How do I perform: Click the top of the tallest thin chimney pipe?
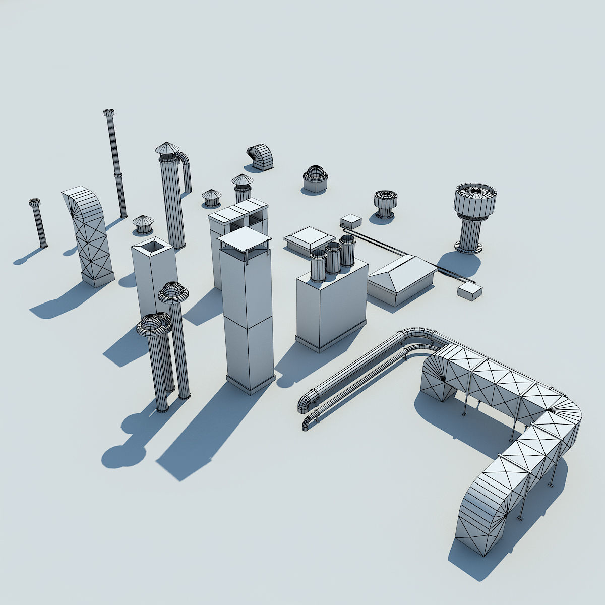coord(109,113)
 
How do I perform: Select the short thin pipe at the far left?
coord(39,224)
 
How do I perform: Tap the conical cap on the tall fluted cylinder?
coord(167,148)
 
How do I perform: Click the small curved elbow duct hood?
coord(260,156)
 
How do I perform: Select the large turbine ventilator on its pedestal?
coord(475,202)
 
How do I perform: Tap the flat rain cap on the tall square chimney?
coord(244,238)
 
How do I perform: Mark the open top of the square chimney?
coord(154,247)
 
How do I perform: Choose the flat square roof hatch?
coord(309,238)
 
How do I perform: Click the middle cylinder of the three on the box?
coord(333,257)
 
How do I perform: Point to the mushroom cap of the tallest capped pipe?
coord(173,291)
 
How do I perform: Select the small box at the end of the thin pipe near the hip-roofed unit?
coord(469,292)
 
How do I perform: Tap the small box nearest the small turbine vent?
coord(351,220)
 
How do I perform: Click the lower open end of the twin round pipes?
coord(307,423)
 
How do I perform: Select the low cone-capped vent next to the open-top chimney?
coord(143,224)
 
